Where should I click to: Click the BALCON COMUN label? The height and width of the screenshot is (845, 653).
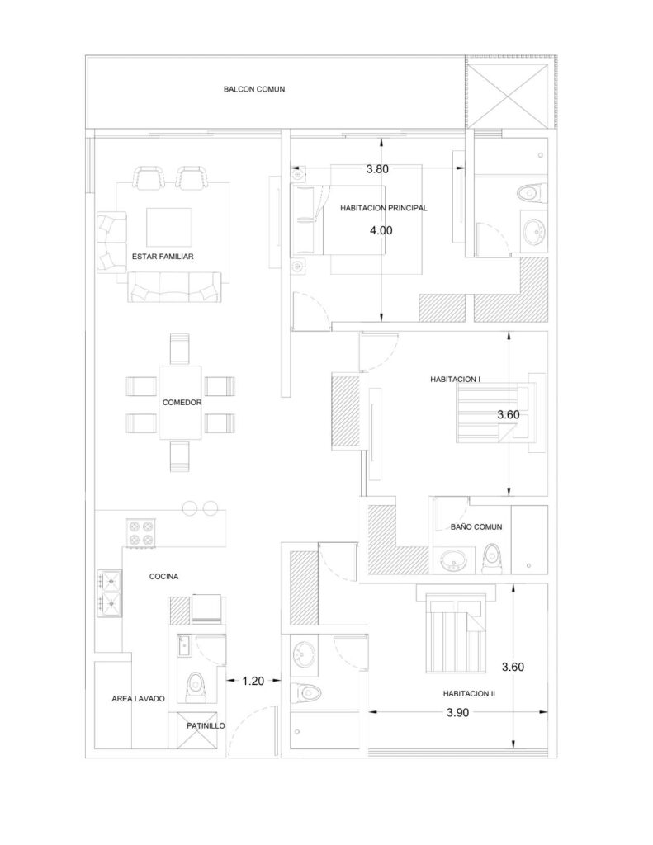254,89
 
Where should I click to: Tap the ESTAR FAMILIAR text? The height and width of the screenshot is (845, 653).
163,257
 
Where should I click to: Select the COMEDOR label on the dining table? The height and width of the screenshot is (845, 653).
182,403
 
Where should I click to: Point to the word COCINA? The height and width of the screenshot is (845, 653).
163,577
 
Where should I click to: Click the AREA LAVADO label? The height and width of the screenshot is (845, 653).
138,698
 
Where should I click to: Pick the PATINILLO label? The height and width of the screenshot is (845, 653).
206,726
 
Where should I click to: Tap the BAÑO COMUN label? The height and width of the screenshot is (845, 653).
476,527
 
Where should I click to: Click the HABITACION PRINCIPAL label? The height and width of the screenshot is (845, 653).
383,208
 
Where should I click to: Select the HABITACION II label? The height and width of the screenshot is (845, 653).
469,694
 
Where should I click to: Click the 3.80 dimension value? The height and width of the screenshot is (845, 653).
377,169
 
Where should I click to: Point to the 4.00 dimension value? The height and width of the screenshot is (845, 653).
381,231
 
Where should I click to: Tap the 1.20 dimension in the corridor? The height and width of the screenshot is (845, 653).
253,681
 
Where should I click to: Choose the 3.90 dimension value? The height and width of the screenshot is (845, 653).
458,712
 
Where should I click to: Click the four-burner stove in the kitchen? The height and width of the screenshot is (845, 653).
141,532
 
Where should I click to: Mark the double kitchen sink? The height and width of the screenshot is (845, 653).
110,593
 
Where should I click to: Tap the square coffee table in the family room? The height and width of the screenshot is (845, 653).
168,227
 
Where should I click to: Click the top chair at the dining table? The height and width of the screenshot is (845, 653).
180,349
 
